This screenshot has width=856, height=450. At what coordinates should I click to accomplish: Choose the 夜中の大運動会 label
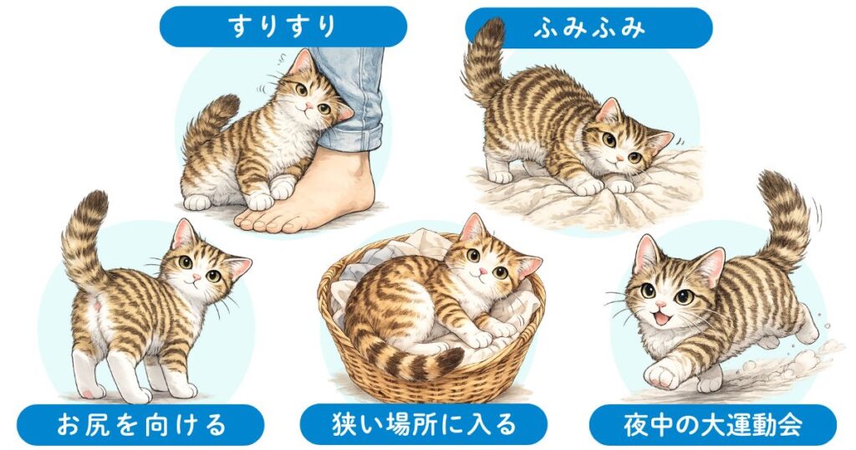tap(712, 425)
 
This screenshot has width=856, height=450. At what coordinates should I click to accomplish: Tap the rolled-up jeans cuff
tap(351, 134)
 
